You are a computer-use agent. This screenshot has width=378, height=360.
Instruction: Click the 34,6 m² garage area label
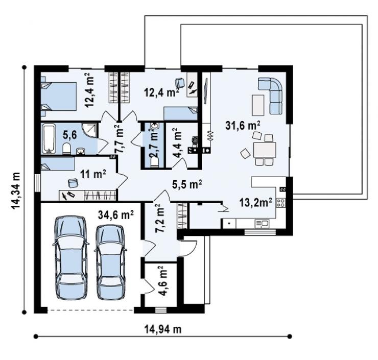coord(116,214)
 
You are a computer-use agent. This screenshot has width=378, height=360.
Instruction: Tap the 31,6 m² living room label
coord(243,125)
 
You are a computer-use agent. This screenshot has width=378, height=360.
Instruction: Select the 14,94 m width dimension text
coord(163,329)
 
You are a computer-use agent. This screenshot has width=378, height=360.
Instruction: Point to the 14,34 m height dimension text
coord(15,190)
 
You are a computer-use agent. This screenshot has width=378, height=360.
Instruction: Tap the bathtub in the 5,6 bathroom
coord(49,138)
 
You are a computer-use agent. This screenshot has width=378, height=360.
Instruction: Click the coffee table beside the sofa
coord(258,105)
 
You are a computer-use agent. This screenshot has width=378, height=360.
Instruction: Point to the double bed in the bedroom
coord(59,97)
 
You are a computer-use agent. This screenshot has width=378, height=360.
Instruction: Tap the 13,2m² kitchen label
coord(255,202)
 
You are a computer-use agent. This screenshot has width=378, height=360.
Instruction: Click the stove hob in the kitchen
coord(281,202)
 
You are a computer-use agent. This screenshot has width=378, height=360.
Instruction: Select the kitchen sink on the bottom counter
coord(262,223)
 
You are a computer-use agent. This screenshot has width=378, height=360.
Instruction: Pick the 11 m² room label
coord(93,174)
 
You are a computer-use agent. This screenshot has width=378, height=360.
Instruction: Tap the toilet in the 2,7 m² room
coord(154,162)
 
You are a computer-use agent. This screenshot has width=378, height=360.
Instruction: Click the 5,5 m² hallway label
coord(187,184)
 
